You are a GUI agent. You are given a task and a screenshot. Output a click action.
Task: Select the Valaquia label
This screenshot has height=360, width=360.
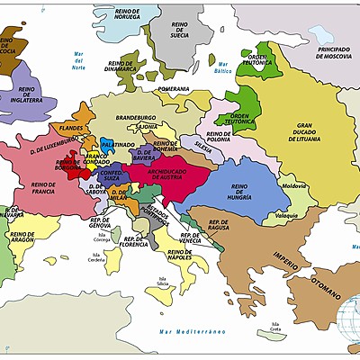point(286,216)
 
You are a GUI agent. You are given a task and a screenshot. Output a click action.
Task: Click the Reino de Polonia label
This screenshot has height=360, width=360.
point(218,137)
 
